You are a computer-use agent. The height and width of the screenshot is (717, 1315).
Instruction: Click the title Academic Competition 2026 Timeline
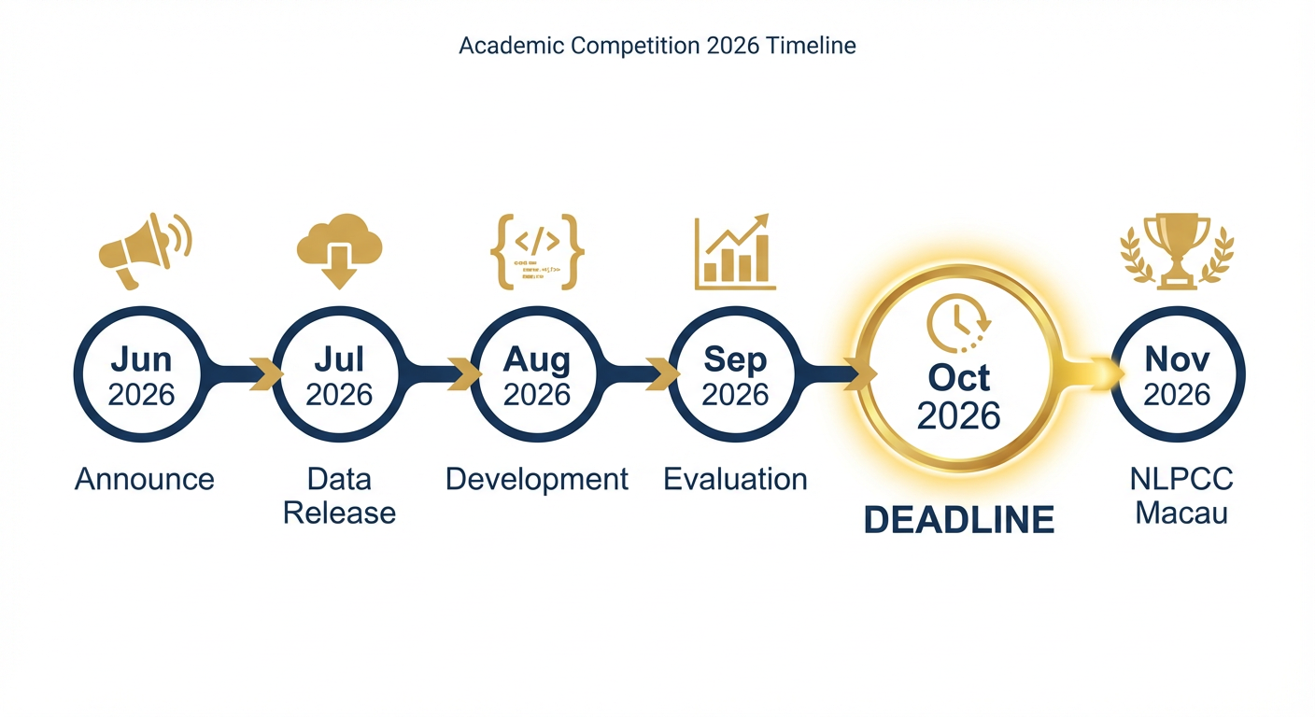[x=657, y=46]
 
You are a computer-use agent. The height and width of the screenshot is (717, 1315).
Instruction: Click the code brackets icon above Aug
[x=537, y=250]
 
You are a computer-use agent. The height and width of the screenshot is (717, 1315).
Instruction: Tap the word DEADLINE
[x=959, y=519]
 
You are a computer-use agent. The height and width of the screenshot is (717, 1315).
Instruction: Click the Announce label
[x=144, y=480]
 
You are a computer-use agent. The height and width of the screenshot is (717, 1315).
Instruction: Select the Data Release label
[x=339, y=496]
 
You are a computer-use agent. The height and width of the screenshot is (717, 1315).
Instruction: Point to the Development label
[x=537, y=480]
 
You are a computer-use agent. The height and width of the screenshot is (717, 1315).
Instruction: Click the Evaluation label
[x=735, y=480]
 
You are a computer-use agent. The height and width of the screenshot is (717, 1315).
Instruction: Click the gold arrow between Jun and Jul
[x=267, y=374]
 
